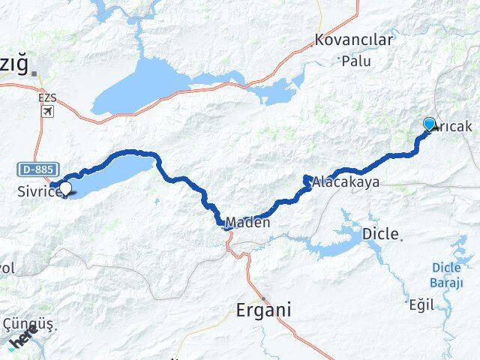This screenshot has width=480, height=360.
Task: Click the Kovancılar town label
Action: pyautogui.click(x=354, y=40)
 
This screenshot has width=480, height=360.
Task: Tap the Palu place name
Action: pyautogui.click(x=356, y=61)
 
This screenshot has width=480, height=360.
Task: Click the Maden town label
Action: pyautogui.click(x=247, y=223)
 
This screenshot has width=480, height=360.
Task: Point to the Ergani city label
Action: pyautogui.click(x=263, y=310)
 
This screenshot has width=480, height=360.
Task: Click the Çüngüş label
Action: pyautogui.click(x=27, y=324)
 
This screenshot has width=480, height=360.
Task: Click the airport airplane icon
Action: pyautogui.click(x=49, y=112)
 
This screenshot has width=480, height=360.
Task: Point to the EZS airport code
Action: pyautogui.click(x=49, y=97)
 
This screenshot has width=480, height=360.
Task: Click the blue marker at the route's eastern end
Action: pyautogui.click(x=430, y=124)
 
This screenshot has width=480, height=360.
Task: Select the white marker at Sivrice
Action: pyautogui.click(x=65, y=189)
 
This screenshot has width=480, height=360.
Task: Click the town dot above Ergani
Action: pyautogui.click(x=263, y=288)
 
